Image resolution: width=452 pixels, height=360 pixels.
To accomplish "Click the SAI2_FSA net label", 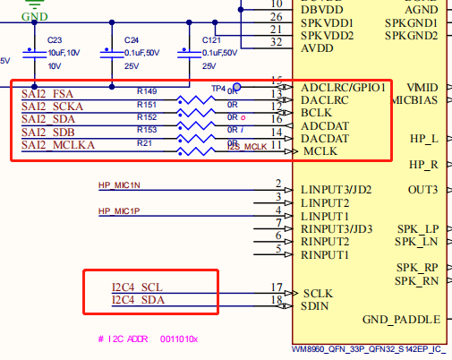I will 48,93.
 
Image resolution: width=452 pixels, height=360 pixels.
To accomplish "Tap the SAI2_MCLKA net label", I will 59,144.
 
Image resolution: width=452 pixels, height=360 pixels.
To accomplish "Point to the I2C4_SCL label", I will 137,287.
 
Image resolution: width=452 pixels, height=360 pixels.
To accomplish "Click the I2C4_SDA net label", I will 137,300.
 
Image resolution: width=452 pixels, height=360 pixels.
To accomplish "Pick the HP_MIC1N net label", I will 120,185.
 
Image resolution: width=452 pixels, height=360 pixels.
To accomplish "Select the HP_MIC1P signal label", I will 120,211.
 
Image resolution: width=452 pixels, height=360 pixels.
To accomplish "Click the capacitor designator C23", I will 54,41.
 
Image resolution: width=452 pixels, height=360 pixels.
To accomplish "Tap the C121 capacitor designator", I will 211,41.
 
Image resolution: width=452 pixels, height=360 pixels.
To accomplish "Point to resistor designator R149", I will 147,91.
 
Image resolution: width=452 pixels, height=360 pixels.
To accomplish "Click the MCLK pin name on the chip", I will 320,151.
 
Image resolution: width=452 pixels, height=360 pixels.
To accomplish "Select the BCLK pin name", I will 318,114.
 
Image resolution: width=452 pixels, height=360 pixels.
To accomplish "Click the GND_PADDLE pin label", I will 401,320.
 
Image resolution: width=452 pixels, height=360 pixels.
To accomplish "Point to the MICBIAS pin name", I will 414,100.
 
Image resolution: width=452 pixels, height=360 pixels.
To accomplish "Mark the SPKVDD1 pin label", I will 328,22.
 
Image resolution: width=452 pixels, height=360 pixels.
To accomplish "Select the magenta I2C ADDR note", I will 148,339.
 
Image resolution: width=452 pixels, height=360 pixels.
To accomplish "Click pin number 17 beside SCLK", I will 277,287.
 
